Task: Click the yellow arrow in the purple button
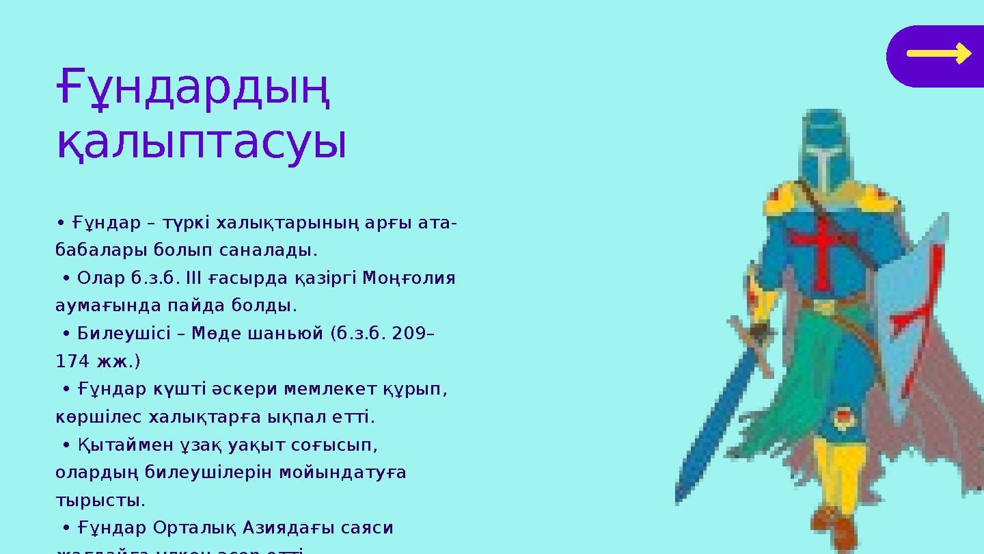939,53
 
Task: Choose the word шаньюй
285,334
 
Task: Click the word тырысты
100,501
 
